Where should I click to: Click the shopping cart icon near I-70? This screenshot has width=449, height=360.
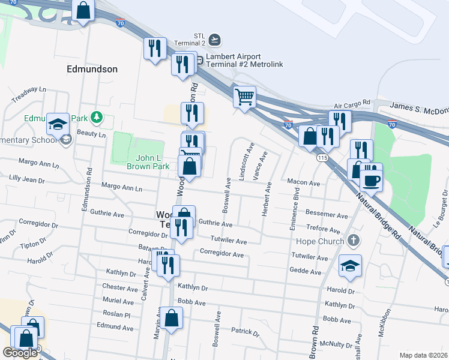[244, 97]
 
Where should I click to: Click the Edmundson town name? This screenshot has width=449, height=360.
[92, 69]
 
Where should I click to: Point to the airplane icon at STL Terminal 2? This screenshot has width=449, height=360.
[215, 40]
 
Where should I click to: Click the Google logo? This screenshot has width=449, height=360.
[20, 353]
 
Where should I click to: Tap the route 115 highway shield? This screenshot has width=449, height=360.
[323, 157]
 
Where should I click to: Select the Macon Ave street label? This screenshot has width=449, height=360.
[304, 182]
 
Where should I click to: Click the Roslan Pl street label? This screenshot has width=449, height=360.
[116, 314]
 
